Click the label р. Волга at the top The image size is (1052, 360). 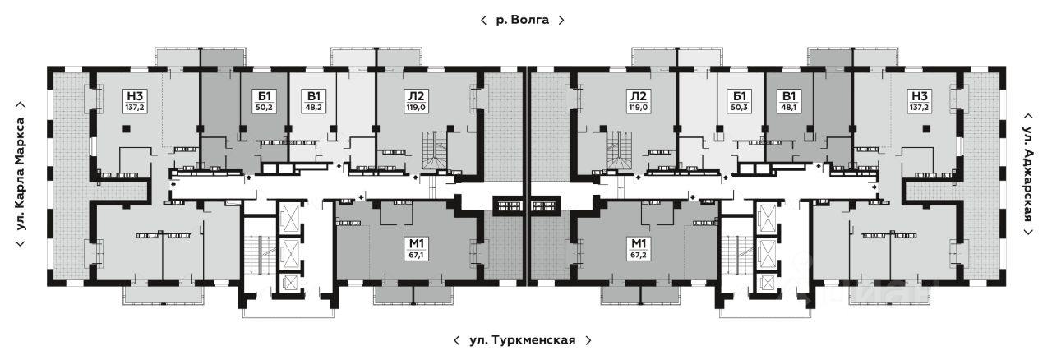(522, 21)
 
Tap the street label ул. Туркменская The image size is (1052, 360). (522, 339)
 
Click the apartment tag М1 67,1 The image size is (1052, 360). (417, 248)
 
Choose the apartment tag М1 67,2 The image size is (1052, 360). (637, 248)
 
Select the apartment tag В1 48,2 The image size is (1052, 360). (314, 102)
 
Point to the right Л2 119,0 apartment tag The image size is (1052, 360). (638, 102)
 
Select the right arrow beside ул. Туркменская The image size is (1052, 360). (588, 339)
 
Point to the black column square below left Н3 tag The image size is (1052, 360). (127, 129)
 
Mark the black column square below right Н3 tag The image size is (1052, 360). (925, 129)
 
